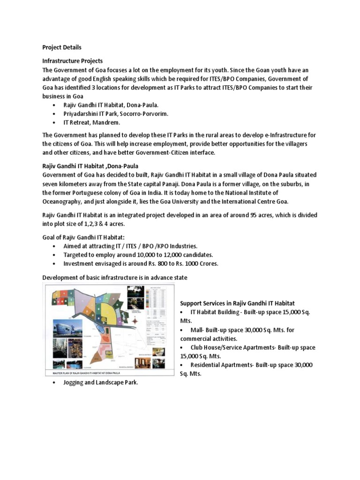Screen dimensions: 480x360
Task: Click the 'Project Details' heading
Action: click(62, 47)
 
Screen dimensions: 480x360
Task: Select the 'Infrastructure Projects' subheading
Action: click(73, 61)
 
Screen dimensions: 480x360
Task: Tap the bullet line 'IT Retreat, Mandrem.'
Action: click(92, 122)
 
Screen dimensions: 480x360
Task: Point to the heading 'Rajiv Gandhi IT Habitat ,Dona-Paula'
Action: click(90, 166)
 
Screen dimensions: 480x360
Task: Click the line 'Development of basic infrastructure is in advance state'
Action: click(115, 277)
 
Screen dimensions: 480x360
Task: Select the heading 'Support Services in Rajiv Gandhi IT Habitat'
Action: click(237, 304)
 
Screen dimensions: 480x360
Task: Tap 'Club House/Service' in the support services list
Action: click(218, 347)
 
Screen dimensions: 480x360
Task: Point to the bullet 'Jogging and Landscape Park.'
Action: click(101, 382)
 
